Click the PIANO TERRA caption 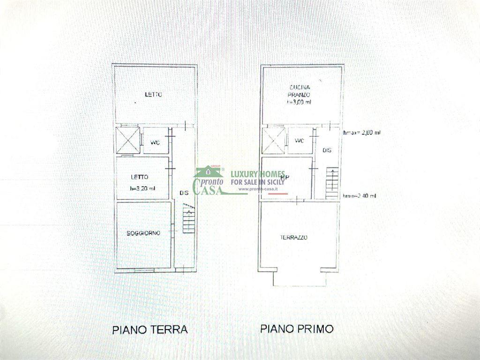tap(150, 329)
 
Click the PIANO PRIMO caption tap(297, 329)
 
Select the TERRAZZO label tap(293, 238)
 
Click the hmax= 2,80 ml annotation tap(362, 133)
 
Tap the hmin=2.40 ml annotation tap(359, 196)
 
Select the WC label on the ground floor tap(155, 142)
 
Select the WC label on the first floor tap(298, 141)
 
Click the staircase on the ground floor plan tap(188, 218)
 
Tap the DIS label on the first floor tap(328, 150)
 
